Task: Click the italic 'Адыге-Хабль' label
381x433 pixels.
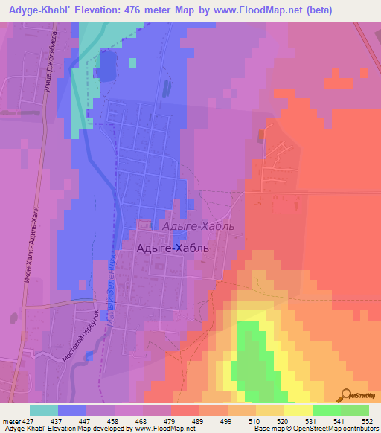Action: (198, 225)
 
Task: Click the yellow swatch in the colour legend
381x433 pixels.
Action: (298, 410)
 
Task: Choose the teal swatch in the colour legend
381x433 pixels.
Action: (43, 410)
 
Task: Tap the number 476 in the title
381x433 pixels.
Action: (156, 10)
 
